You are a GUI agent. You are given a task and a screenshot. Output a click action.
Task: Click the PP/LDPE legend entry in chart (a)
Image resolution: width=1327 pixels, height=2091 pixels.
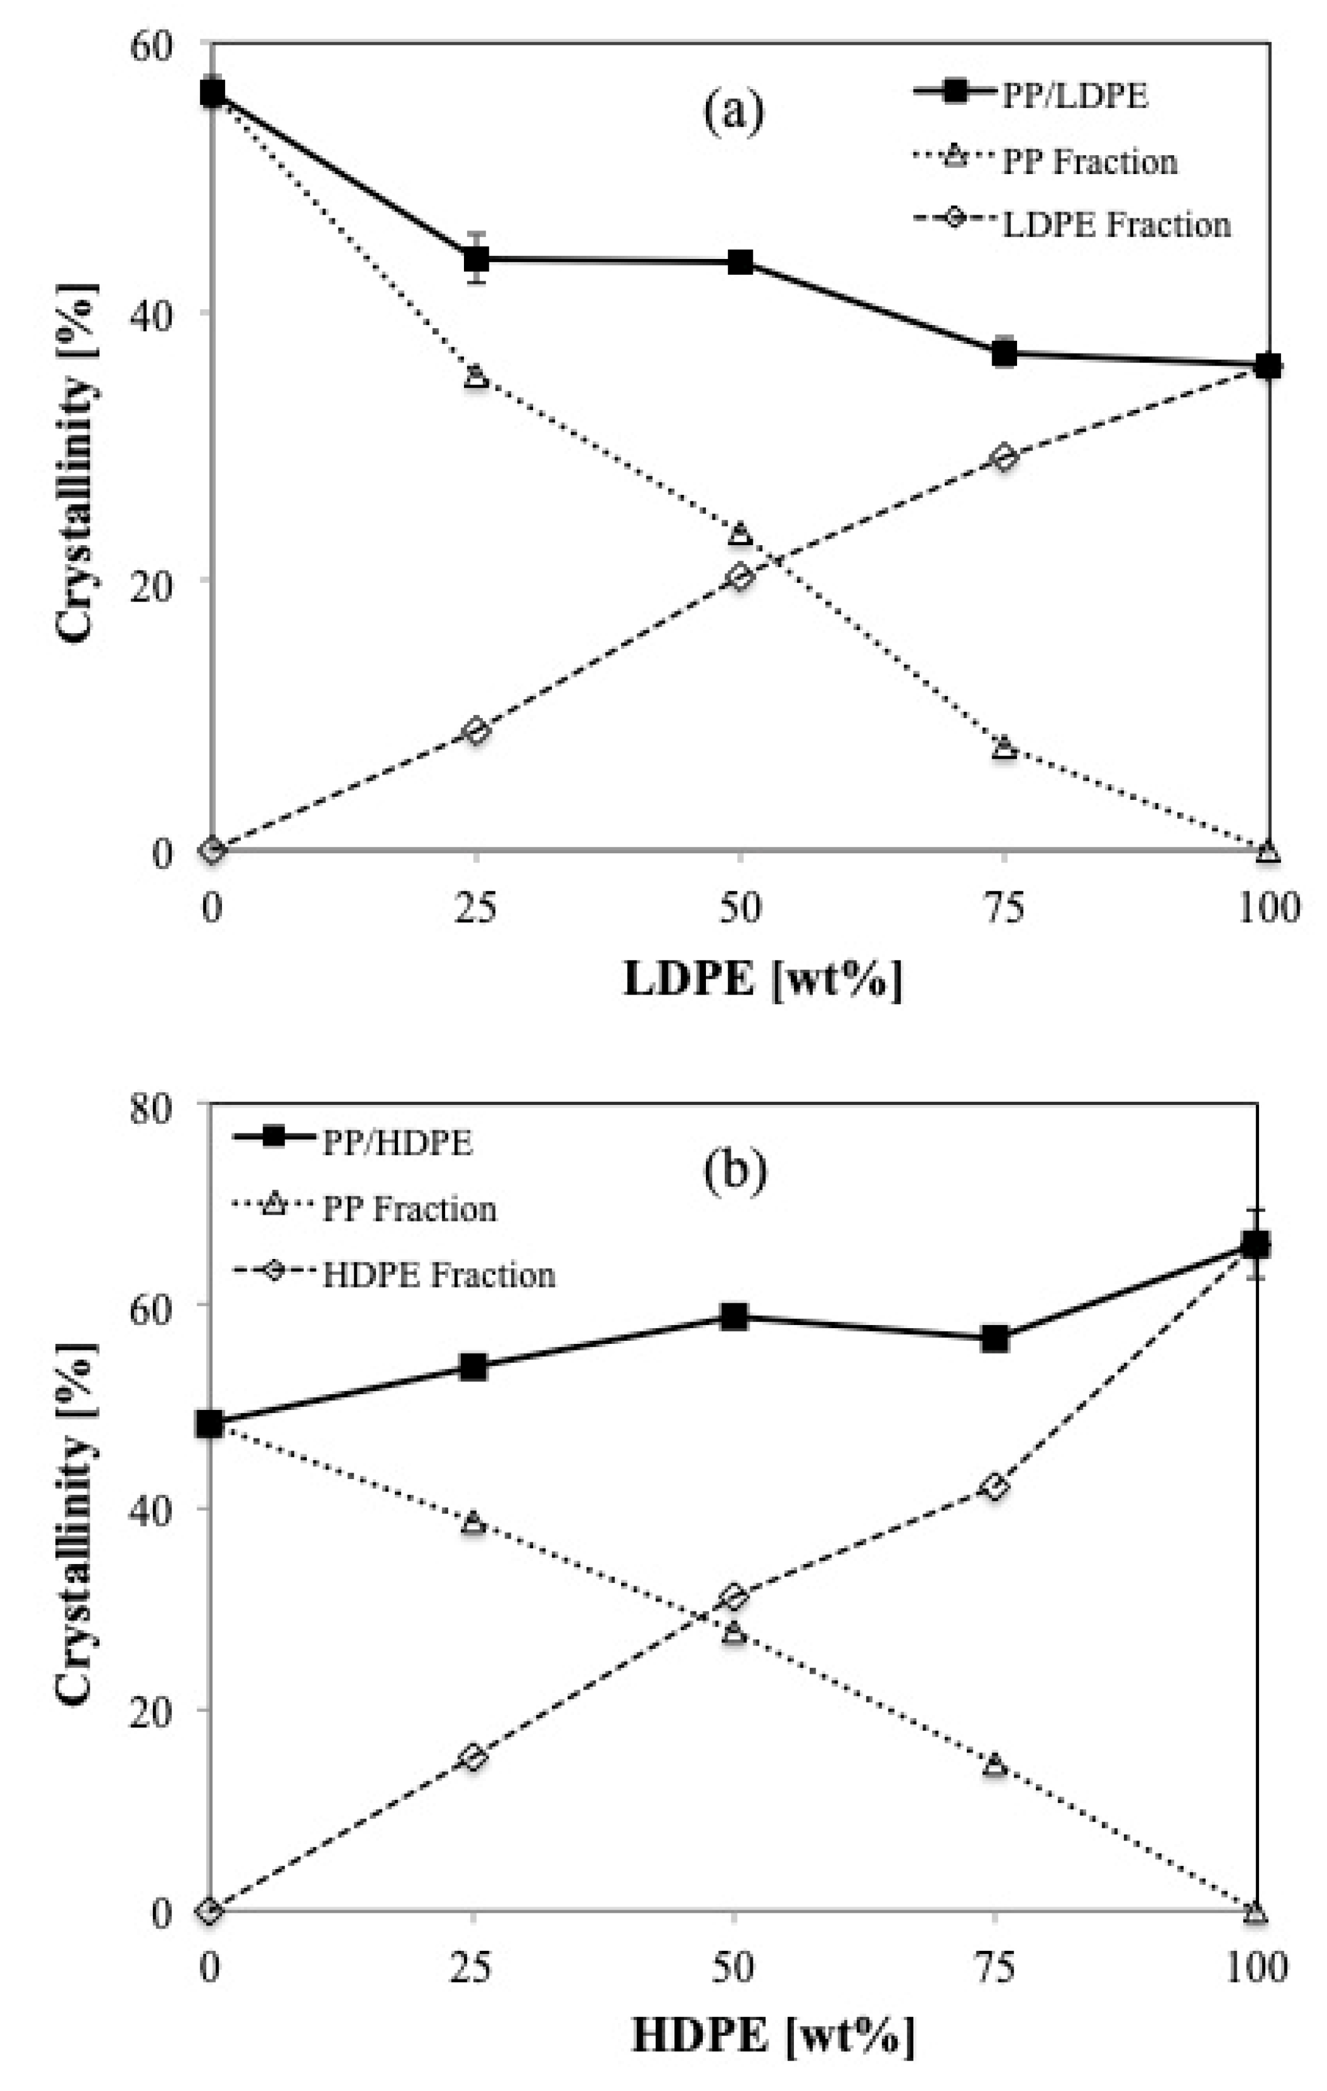pos(1073,96)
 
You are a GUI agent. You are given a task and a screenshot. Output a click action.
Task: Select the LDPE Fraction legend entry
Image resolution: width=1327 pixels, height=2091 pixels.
pos(1115,225)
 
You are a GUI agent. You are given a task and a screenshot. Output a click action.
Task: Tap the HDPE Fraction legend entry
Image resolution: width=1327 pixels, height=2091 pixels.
pos(438,1275)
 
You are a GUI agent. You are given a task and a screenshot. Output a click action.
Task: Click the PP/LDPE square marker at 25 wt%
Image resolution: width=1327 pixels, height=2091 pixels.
pos(476,259)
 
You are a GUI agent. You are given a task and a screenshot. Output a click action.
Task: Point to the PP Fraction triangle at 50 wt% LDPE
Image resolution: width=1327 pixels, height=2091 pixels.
pos(740,533)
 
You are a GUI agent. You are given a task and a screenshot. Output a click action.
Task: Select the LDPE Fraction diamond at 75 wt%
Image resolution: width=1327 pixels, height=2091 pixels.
pos(1004,458)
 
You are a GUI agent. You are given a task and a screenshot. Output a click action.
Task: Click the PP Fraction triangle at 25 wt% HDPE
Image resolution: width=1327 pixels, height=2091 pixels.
pos(472,1522)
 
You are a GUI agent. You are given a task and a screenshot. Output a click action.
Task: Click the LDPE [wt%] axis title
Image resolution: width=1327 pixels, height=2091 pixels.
pos(762,981)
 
